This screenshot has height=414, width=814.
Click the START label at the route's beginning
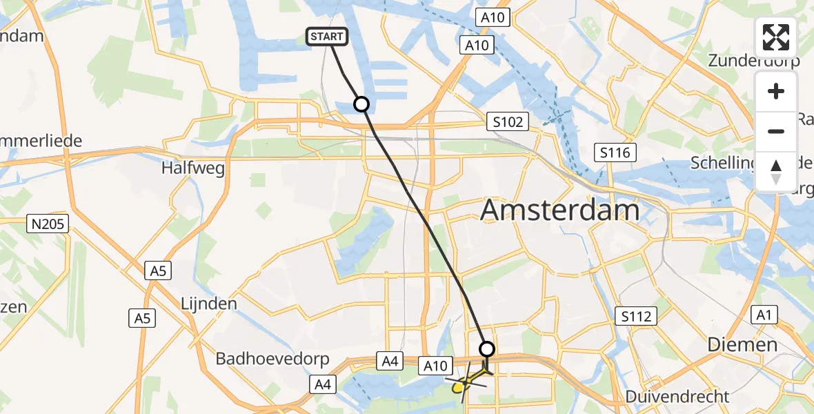point(327,37)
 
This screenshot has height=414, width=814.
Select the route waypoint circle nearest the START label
point(361,104)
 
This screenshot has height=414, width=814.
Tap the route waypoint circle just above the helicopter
point(487,348)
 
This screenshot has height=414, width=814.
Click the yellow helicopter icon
point(466,382)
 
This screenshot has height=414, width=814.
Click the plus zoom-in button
point(776,91)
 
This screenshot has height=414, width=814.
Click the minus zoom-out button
point(776,131)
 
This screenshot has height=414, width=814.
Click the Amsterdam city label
point(559,209)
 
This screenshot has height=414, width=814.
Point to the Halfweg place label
point(193,168)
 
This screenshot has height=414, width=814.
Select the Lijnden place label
point(208,304)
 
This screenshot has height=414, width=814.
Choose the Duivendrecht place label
point(677,397)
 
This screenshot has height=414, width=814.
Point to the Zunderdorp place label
point(753,60)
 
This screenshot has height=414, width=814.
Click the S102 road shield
point(507,122)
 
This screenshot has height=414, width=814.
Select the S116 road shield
point(615,152)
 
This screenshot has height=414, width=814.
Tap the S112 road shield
point(635,317)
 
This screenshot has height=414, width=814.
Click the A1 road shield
point(763,315)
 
